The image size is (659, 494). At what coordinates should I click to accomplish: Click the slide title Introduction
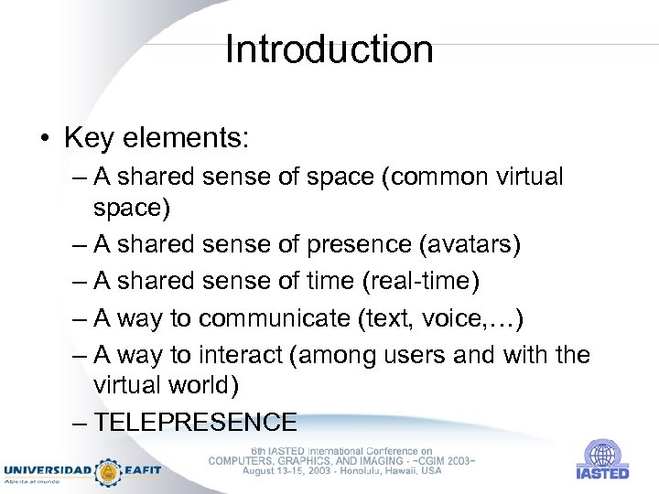pos(329,49)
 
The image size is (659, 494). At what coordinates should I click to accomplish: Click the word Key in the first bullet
pos(88,138)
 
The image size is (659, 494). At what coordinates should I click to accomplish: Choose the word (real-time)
pos(421,282)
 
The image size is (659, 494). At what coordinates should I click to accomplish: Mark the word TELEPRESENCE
pos(196,422)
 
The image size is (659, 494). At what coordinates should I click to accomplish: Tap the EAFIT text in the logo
pos(142,470)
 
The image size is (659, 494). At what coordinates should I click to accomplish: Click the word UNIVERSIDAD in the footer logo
pos(48,470)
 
